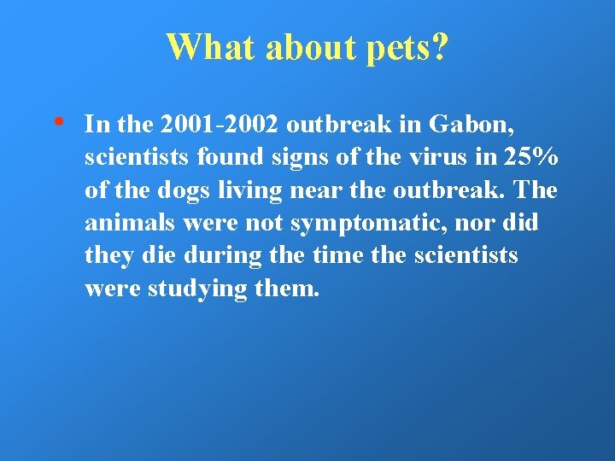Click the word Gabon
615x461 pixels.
click(x=470, y=125)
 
